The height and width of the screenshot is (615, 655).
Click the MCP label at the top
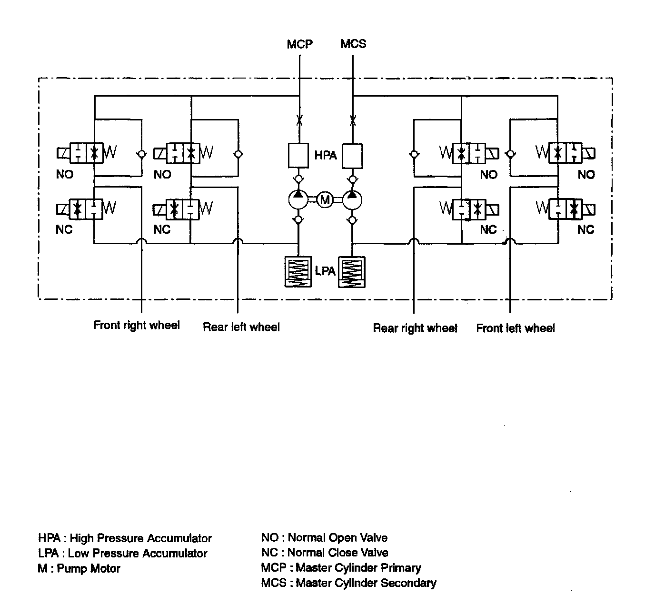(299, 44)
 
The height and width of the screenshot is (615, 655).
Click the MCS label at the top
(353, 44)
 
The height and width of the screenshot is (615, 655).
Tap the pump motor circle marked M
(325, 200)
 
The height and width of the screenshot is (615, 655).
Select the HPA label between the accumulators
(326, 155)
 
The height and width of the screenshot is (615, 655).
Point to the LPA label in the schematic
(325, 271)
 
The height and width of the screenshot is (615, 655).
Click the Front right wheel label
(137, 326)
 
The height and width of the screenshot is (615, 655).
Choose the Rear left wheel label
(241, 327)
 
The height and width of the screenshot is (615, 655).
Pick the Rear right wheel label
(415, 328)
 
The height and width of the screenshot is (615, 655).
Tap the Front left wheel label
(516, 328)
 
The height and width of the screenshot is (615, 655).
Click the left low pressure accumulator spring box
(298, 272)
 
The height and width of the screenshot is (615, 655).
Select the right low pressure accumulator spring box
(352, 272)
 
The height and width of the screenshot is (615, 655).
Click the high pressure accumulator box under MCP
(299, 155)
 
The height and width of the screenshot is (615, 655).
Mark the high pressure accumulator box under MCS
(353, 155)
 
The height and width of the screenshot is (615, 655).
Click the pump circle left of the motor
(298, 200)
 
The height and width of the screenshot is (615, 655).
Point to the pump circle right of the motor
(352, 200)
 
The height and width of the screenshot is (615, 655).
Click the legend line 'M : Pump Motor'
(79, 568)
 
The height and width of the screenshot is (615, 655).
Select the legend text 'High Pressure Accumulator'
(140, 538)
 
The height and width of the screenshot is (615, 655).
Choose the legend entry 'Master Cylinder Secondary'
(366, 583)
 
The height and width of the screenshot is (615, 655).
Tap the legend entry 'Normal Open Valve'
(337, 538)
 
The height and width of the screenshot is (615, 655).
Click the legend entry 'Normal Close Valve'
(337, 553)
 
